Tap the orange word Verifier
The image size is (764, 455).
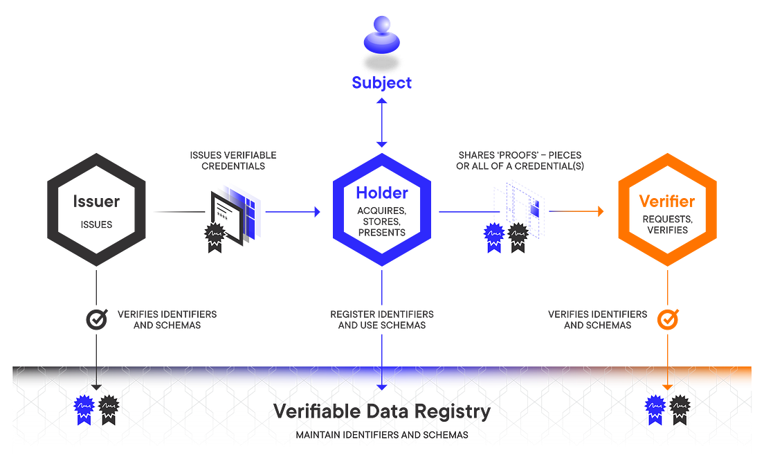coord(666,202)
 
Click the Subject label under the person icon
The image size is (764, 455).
coord(381,84)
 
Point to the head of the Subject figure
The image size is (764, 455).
coord(381,26)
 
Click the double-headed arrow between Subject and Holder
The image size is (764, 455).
coord(381,123)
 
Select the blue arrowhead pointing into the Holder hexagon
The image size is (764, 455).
coord(318,211)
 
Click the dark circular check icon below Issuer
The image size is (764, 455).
coord(94,318)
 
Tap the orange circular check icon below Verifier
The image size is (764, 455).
coord(666,318)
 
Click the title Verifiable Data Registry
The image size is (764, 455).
coord(382,411)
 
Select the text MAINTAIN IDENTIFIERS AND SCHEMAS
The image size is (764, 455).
coord(382,436)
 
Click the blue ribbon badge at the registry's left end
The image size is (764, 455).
coord(84,407)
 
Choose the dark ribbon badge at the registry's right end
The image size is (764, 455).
coord(680,407)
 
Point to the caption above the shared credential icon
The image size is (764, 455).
coord(520,161)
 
